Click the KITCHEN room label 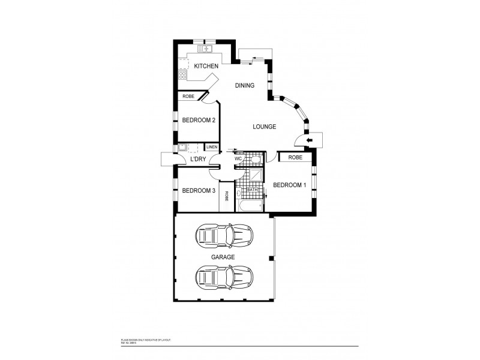pyautogui.click(x=205, y=66)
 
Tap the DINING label pyautogui.click(x=244, y=86)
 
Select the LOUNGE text pyautogui.click(x=264, y=127)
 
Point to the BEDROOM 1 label pyautogui.click(x=290, y=185)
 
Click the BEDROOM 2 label pyautogui.click(x=199, y=120)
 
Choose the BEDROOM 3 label pyautogui.click(x=199, y=191)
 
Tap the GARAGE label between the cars pyautogui.click(x=223, y=257)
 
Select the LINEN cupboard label pyautogui.click(x=212, y=147)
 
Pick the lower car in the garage pyautogui.click(x=224, y=277)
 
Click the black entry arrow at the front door pyautogui.click(x=310, y=140)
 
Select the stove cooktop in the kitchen pyautogui.click(x=182, y=75)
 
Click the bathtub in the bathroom pyautogui.click(x=249, y=205)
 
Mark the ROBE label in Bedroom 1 pyautogui.click(x=295, y=157)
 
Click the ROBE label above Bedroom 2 pyautogui.click(x=188, y=96)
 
